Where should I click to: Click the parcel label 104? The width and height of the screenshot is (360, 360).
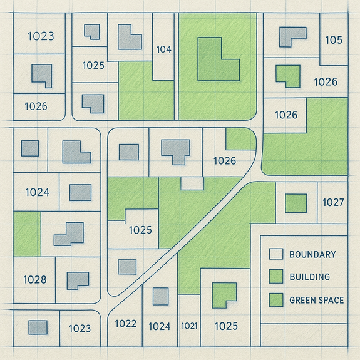(x=163, y=49)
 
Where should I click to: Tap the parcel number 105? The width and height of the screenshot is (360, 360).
(x=334, y=40)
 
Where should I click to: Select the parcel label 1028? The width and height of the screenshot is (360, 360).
(x=35, y=280)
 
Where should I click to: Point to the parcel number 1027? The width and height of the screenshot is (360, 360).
(x=333, y=202)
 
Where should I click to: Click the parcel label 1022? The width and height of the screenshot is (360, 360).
(x=126, y=324)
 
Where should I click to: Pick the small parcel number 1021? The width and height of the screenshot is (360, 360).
(x=189, y=326)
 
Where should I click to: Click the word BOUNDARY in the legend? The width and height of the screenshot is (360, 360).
(x=312, y=254)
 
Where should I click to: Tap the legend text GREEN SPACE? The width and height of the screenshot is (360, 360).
(x=317, y=300)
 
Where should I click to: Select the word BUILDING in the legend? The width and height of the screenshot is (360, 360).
(x=309, y=277)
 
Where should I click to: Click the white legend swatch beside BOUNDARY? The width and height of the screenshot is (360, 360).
(x=276, y=254)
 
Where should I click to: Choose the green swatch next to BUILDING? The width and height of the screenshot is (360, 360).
(x=276, y=277)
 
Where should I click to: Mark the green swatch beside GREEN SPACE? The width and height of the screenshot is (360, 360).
(x=276, y=300)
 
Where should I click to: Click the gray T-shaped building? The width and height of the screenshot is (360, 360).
(x=176, y=150)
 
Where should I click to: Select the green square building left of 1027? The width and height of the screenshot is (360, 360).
(x=296, y=203)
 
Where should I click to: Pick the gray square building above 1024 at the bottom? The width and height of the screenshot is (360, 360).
(x=161, y=296)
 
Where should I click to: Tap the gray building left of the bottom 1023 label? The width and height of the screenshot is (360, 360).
(x=38, y=327)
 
